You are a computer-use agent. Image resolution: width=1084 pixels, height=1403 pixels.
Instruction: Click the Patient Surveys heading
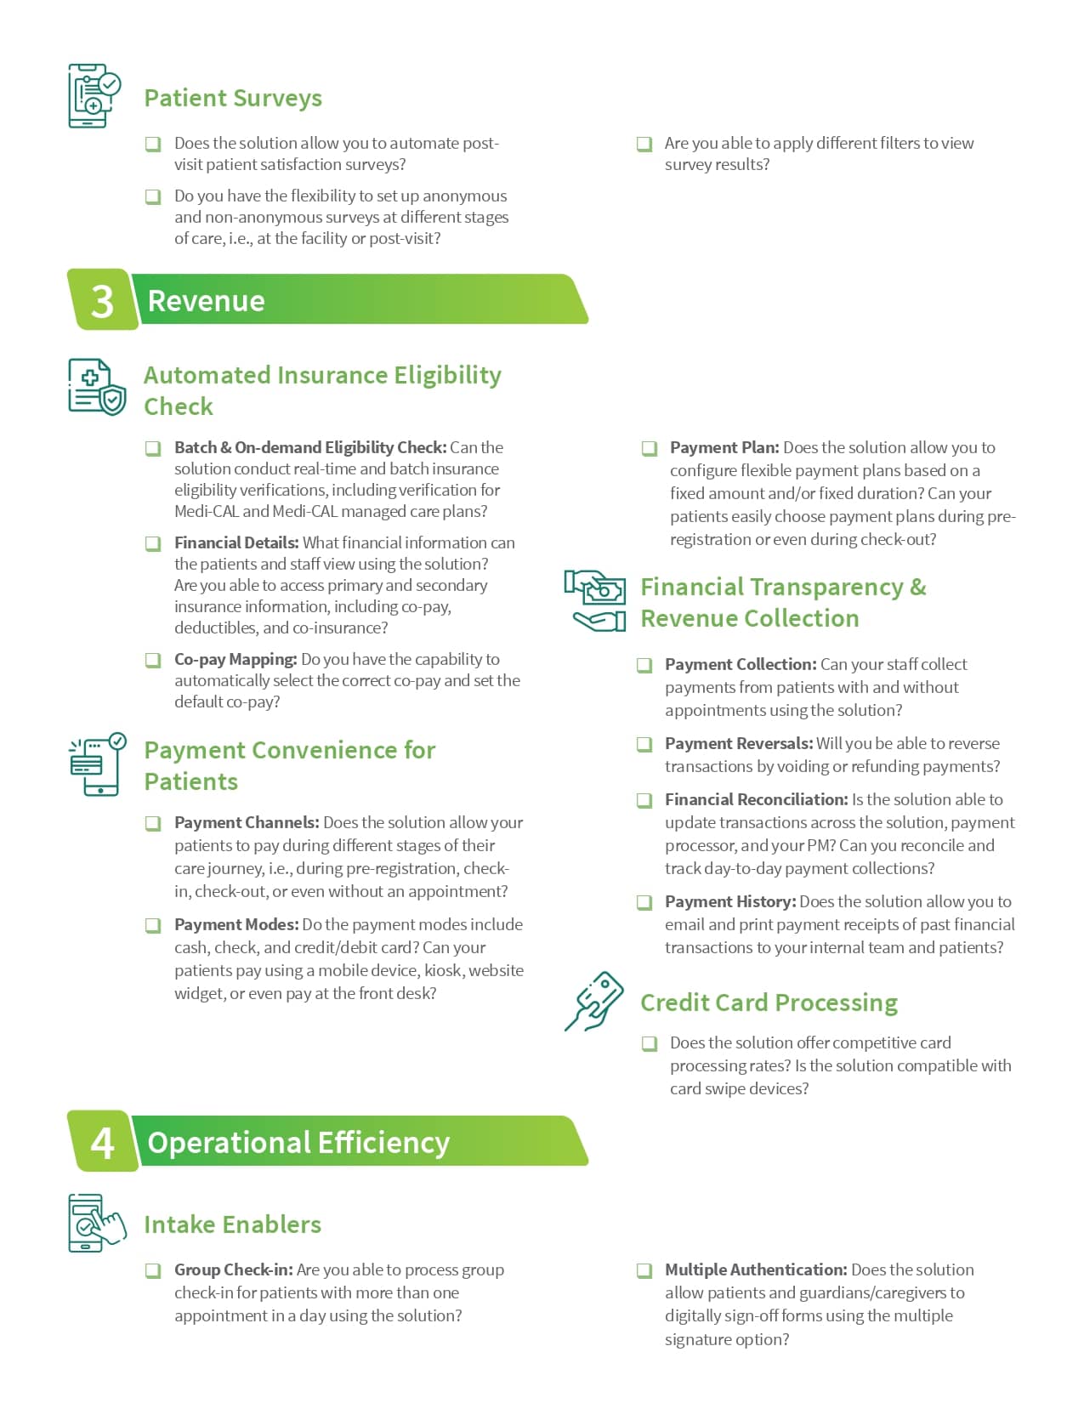coord(233,99)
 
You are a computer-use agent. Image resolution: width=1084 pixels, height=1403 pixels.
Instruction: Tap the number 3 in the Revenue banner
coord(102,301)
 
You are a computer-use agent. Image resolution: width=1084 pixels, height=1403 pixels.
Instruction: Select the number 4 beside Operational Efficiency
coord(102,1143)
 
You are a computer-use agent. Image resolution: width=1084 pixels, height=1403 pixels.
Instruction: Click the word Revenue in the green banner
coord(206,301)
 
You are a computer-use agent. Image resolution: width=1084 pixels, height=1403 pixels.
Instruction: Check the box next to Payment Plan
coord(650,448)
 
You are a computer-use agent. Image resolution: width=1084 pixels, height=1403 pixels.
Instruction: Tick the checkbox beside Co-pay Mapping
coord(153,660)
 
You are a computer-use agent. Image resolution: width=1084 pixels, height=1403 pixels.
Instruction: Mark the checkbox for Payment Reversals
coord(645,744)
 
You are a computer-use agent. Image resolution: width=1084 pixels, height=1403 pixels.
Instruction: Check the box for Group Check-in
coord(153,1270)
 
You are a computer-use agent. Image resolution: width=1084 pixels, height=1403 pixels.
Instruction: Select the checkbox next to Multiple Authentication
coord(645,1270)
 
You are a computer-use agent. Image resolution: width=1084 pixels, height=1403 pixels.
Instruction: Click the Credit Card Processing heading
coord(769,1003)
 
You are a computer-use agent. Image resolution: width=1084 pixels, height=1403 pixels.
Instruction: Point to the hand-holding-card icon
coord(594,1001)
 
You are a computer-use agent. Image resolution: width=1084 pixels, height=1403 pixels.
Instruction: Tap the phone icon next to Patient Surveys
coord(94,95)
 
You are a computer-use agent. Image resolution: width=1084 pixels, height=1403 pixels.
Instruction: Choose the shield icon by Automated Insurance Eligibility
coord(96,387)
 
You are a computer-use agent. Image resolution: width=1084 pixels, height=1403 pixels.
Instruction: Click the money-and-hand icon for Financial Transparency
coord(595,600)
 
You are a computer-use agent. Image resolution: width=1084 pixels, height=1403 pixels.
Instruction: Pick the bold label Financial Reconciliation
coord(756,799)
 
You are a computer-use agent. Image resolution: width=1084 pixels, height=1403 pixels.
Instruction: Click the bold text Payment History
coord(730,901)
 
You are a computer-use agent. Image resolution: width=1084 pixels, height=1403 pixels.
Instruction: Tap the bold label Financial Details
coord(236,542)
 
